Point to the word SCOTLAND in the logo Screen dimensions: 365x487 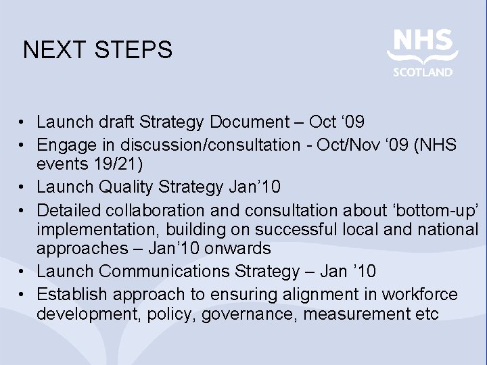pyautogui.click(x=423, y=72)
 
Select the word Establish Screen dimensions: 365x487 pyautogui.click(x=72, y=295)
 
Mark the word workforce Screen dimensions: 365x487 pyautogui.click(x=420, y=295)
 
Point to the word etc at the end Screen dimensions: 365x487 pyautogui.click(x=425, y=314)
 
